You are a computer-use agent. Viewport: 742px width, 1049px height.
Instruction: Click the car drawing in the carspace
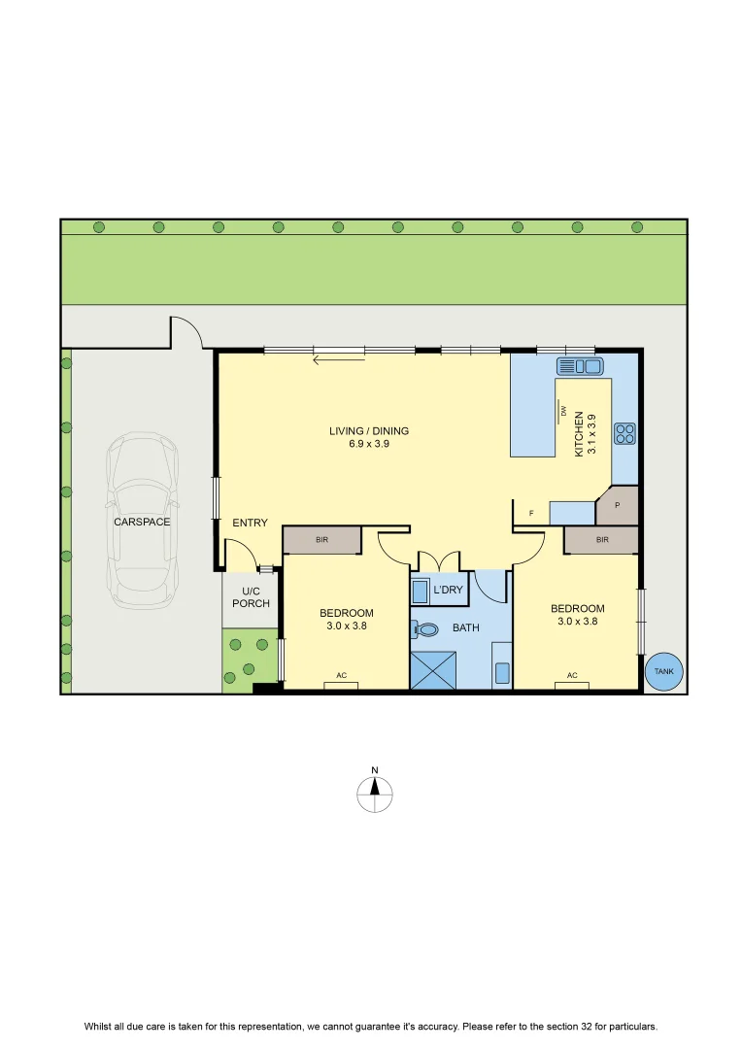point(142,521)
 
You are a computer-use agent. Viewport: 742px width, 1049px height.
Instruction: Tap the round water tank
point(663,671)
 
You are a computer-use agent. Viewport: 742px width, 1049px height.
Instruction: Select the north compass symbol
point(375,792)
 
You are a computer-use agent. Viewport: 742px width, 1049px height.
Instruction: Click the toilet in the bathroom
point(424,628)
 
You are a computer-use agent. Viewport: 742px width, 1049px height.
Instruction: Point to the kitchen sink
point(580,366)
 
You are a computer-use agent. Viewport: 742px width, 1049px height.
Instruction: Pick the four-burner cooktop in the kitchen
point(624,433)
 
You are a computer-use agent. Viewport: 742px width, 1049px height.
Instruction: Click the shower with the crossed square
point(433,669)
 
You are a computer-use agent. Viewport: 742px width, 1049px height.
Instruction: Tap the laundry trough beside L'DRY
point(420,592)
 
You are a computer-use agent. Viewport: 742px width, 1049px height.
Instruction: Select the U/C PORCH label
point(251,597)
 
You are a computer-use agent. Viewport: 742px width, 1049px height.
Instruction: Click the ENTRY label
point(251,523)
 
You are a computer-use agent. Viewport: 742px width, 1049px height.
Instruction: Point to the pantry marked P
point(617,506)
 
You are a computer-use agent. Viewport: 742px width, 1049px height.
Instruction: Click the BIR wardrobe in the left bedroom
point(321,540)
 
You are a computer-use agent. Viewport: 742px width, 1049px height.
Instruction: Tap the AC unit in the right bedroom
point(572,684)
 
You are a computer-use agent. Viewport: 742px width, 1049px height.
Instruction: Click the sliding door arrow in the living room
point(339,360)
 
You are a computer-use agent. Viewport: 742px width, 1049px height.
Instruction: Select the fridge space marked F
point(531,513)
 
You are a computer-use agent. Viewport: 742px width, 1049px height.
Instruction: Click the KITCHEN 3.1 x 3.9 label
point(585,433)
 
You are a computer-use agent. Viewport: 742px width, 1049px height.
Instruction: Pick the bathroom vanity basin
point(502,672)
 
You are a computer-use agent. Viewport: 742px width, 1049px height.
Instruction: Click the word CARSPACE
point(142,522)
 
